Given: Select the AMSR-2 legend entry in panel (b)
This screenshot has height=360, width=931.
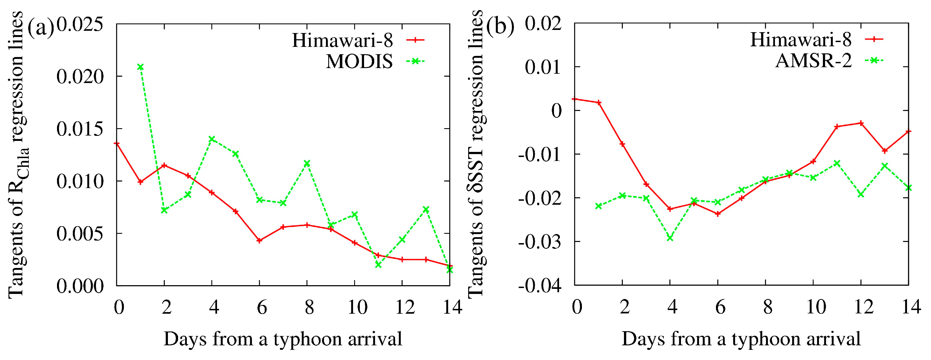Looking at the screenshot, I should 814,61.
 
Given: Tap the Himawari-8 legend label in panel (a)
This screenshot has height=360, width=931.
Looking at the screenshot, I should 342,40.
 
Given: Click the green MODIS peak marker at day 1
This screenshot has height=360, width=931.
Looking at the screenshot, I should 141,67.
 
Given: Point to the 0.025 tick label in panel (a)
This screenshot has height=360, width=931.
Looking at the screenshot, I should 80,25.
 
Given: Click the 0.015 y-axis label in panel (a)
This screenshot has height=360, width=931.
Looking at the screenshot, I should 80,129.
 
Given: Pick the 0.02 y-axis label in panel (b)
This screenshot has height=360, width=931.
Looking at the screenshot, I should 543,24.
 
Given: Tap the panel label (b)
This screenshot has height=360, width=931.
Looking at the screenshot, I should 500,26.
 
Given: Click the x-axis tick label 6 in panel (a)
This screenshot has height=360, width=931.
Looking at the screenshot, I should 262,307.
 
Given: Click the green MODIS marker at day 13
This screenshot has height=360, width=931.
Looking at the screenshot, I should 426,209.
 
